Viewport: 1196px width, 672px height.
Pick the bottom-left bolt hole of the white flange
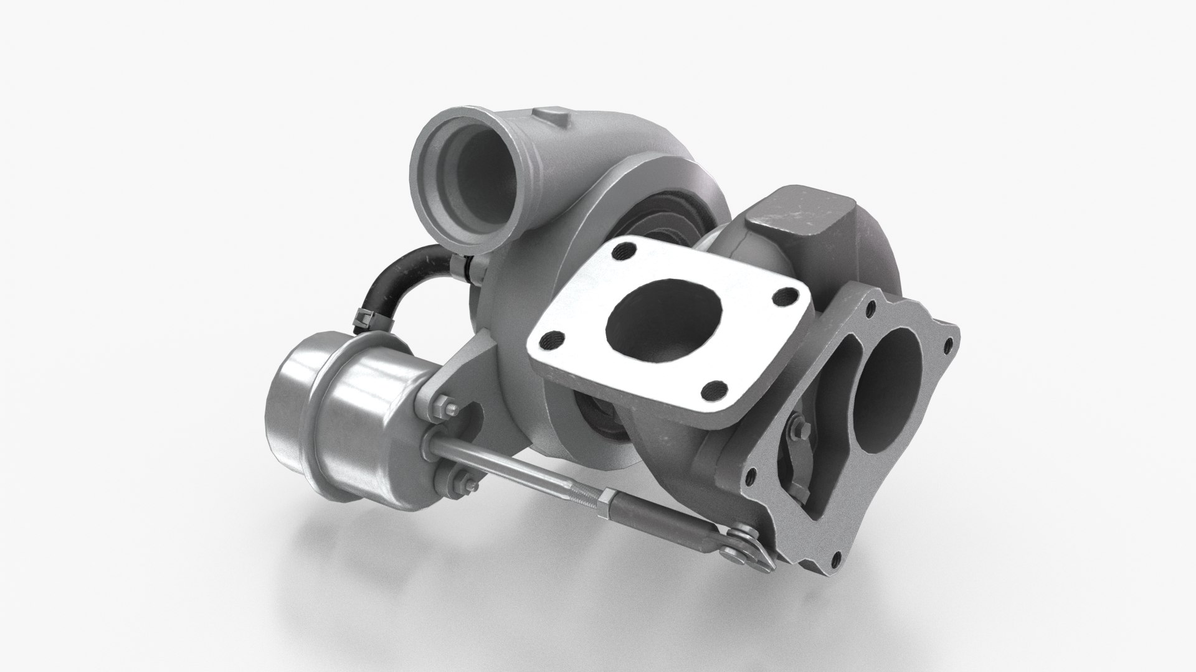[551, 339]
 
